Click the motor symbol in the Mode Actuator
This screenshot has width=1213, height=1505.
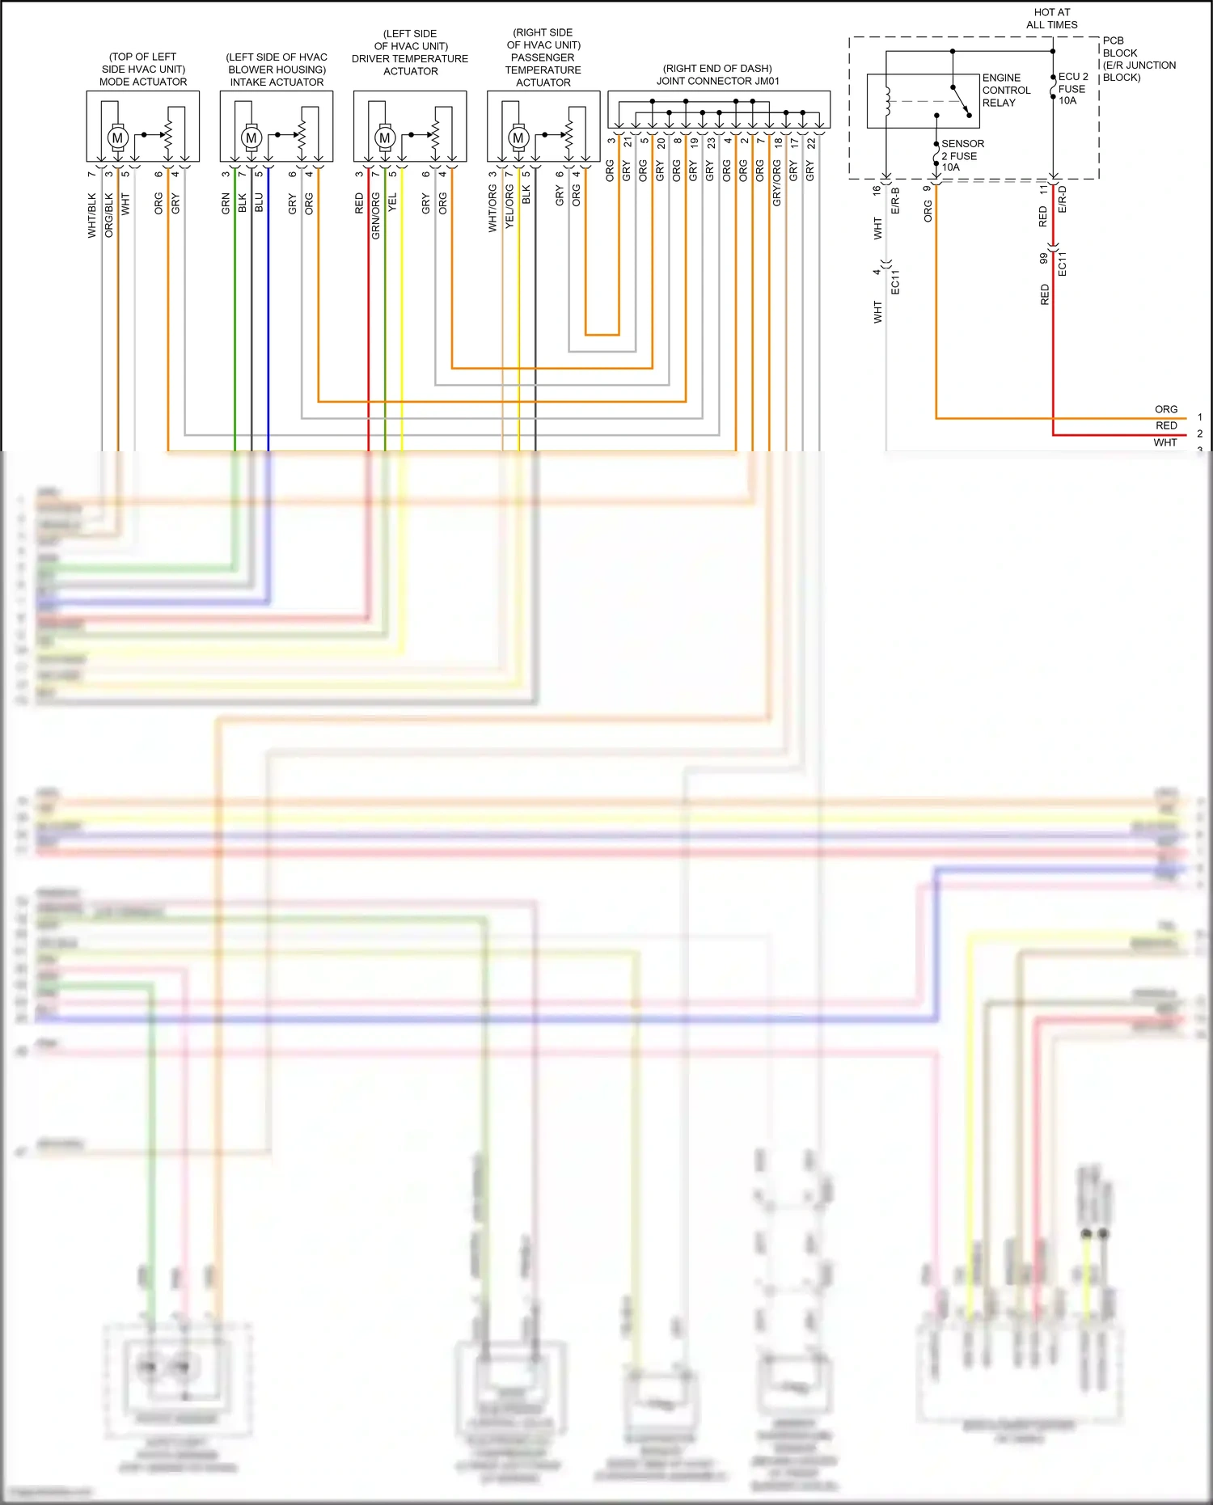pos(118,137)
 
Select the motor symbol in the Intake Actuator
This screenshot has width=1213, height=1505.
pos(251,137)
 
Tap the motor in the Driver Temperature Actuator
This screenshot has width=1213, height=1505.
pos(385,137)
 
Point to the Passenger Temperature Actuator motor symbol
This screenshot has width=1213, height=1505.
pos(518,137)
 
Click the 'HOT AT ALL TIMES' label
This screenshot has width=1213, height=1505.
pos(1051,19)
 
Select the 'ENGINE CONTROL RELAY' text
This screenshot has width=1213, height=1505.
pos(1006,90)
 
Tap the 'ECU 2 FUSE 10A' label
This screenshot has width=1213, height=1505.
pos(1072,88)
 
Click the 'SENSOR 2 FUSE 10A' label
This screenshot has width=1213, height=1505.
pos(962,155)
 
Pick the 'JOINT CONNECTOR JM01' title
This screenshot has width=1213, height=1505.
pos(717,81)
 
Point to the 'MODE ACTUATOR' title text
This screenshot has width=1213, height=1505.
pos(143,82)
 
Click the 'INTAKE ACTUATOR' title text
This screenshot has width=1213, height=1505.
pos(277,82)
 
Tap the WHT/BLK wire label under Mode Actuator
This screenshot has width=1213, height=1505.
pos(92,214)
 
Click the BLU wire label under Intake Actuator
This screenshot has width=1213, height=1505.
pos(259,203)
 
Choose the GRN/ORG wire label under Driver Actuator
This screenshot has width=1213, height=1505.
pos(375,216)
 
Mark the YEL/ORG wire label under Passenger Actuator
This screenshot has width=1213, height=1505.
pos(509,206)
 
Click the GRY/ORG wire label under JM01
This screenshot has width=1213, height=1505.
pos(777,183)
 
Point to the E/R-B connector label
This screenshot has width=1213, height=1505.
pos(895,201)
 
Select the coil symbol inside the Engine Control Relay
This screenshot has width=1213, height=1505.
pos(887,101)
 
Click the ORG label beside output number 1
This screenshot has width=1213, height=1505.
pos(1165,409)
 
